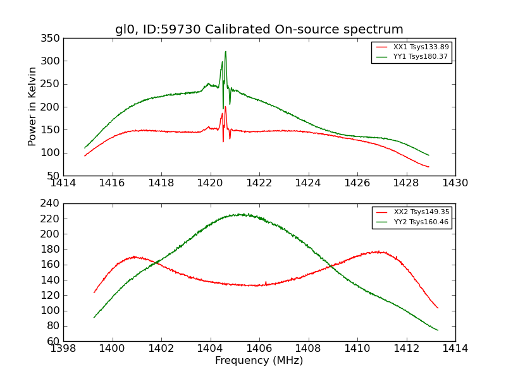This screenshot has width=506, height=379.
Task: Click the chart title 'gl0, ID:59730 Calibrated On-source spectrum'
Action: [x=259, y=30]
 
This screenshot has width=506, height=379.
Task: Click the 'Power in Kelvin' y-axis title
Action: [x=32, y=107]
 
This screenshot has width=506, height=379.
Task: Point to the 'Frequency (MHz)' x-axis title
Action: [x=259, y=361]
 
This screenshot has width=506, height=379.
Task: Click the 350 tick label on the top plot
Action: [x=52, y=39]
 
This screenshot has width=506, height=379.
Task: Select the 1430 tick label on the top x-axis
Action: [x=455, y=183]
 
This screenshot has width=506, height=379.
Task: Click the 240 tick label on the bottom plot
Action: [x=52, y=203]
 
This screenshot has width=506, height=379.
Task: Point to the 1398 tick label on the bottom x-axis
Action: [x=63, y=348]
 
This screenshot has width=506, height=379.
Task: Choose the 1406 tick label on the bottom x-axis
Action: [x=259, y=348]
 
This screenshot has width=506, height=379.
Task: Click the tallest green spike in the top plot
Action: [x=225, y=52]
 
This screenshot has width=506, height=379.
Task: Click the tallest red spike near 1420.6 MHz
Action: [x=225, y=107]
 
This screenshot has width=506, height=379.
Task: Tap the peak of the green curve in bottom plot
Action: [x=240, y=214]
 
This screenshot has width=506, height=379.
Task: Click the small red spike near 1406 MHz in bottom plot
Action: [x=266, y=282]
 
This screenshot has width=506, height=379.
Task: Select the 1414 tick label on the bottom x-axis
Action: [x=455, y=348]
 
